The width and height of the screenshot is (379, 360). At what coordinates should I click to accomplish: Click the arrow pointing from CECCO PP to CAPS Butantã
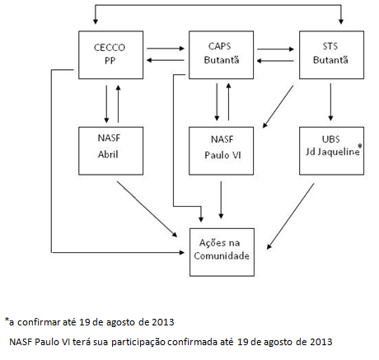166,49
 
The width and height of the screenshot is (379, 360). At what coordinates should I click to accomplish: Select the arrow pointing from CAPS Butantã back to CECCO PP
166,60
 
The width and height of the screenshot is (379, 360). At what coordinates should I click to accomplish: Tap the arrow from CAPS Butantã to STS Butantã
276,49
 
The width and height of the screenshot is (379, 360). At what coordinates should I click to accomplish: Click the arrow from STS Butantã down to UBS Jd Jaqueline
330,102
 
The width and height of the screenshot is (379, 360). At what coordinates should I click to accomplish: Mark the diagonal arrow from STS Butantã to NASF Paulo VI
278,107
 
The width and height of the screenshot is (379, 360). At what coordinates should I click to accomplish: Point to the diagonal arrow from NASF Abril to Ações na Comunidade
147,209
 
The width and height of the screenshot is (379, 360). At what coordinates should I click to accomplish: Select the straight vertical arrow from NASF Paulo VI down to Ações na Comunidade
221,200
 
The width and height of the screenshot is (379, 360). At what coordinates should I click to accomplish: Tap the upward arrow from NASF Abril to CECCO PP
118,103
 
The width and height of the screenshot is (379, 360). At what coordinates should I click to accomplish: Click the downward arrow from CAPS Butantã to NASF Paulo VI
217,102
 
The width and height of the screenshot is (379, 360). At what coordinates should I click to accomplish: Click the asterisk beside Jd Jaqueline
360,146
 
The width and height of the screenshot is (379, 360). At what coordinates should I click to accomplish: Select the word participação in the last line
138,342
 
